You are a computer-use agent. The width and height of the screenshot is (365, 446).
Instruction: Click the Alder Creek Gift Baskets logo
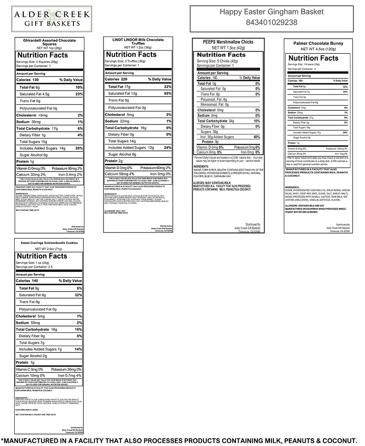point(51,18)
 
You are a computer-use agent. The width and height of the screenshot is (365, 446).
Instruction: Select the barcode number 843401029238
point(271,22)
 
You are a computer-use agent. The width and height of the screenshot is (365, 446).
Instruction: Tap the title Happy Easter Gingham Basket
point(271,11)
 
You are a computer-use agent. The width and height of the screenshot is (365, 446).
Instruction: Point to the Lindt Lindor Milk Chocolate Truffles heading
point(138,42)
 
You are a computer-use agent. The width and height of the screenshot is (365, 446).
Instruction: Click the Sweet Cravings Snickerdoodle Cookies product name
point(49,243)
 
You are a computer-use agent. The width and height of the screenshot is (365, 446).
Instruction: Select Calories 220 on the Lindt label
point(116,79)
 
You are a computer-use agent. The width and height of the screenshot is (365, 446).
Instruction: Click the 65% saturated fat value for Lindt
point(167,93)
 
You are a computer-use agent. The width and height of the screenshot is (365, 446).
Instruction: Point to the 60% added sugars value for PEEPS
point(257,137)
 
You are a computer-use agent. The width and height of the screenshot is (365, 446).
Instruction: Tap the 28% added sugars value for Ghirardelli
point(79,148)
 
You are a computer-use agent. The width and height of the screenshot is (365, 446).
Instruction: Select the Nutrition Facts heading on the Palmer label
point(313,58)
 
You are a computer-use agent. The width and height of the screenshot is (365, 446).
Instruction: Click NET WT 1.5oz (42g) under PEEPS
point(228,48)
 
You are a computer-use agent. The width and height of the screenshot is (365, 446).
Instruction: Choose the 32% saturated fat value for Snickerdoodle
point(78,295)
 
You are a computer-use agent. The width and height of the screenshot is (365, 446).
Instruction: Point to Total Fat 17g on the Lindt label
point(120,86)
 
